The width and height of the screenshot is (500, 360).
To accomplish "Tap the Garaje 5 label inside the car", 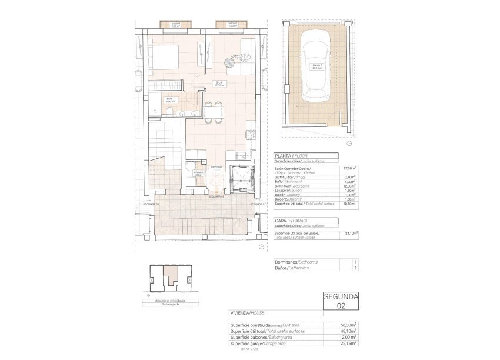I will point(316,66).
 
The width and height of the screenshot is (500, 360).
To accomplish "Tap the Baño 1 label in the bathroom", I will point(170,100).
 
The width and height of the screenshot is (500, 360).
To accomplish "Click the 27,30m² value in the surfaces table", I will point(349,168).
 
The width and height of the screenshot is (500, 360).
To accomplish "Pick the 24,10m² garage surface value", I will point(349,234).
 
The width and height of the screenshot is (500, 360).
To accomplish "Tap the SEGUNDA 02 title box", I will point(341,301).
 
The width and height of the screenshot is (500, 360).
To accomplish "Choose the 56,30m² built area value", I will point(349,325).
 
